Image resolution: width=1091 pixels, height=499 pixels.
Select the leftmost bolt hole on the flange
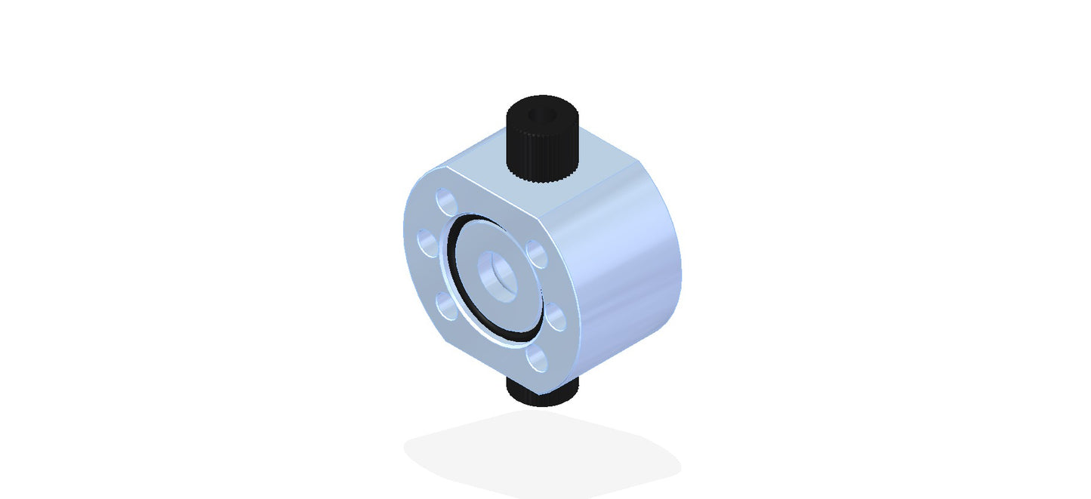point(429,244)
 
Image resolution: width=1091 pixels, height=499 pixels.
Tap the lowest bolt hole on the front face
point(537,358)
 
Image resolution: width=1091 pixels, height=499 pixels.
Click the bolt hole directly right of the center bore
point(535,254)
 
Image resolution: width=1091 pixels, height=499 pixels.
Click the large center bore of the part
point(496,276)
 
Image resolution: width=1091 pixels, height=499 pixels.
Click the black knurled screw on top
point(541,140)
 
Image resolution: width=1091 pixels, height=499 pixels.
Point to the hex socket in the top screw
point(541,115)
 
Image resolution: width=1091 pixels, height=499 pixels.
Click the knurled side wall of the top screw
point(541,155)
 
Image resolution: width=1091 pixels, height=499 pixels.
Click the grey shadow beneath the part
point(541,453)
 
